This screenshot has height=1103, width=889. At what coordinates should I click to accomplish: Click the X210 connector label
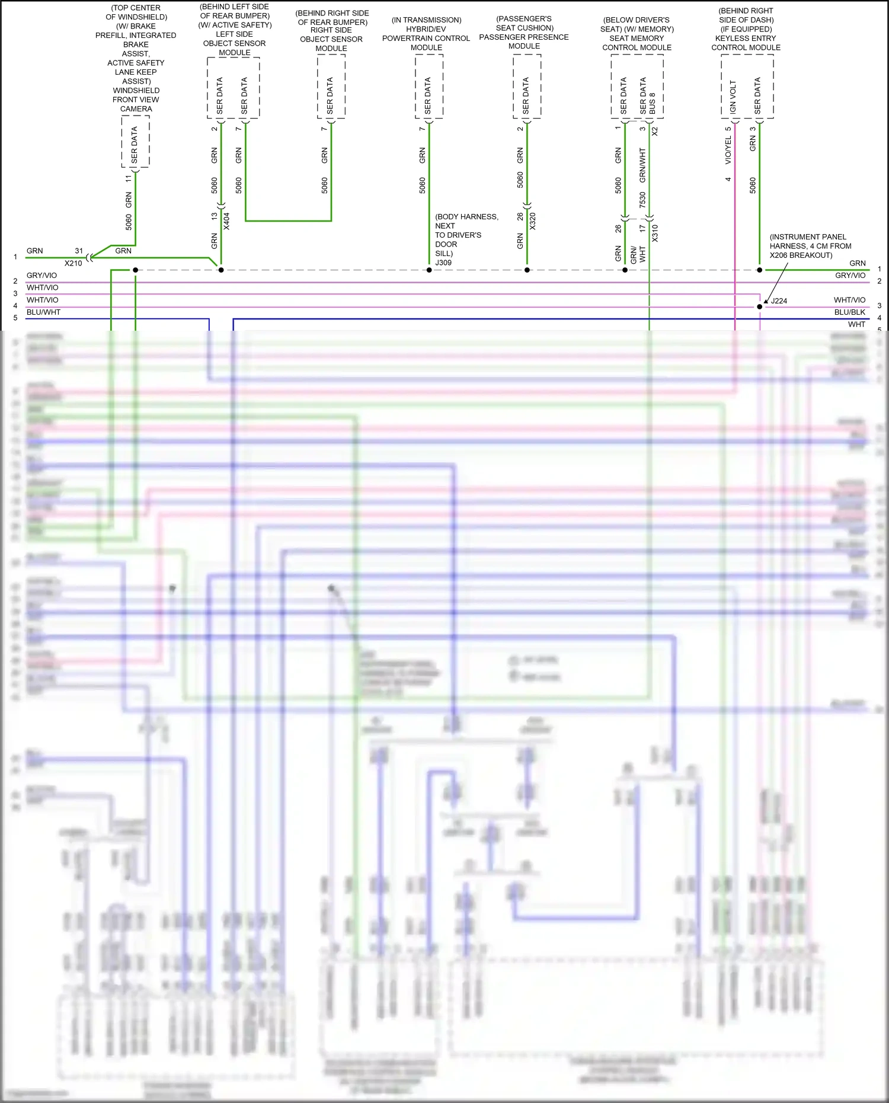tap(73, 263)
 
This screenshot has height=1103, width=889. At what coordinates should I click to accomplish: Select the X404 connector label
tap(226, 221)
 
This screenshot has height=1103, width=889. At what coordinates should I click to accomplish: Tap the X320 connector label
tap(532, 221)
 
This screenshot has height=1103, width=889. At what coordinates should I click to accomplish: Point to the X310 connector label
tap(655, 233)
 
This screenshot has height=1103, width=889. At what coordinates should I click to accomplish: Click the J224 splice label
tap(779, 301)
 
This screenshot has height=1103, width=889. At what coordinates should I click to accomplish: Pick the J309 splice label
tap(443, 263)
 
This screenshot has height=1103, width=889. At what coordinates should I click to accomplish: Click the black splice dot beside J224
tap(760, 306)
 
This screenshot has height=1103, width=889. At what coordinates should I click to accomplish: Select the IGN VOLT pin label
tap(733, 97)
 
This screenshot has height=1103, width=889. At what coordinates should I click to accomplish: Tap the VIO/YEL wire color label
tap(728, 151)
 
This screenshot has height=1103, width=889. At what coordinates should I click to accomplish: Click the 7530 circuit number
tap(642, 200)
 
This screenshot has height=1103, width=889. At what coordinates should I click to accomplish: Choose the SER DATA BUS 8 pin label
tap(647, 96)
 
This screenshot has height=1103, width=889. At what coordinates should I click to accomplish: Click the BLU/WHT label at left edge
tap(43, 312)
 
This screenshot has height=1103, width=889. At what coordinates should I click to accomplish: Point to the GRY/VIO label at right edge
tap(850, 276)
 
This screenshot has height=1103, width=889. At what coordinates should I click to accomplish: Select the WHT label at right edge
tap(856, 324)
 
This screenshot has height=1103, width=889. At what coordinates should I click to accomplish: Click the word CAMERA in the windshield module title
tap(136, 109)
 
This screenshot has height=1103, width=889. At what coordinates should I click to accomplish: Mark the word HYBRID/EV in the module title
tap(426, 29)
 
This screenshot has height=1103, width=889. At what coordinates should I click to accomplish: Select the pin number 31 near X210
tap(79, 251)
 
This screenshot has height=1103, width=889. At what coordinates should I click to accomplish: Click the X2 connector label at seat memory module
tap(655, 132)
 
